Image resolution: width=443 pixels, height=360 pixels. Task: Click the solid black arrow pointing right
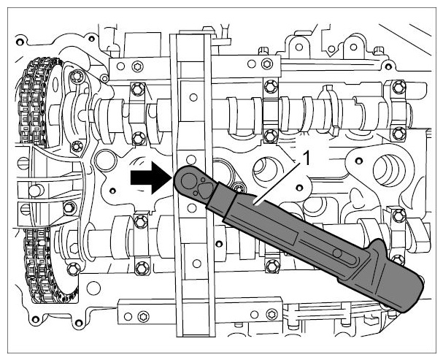pyautogui.click(x=151, y=178)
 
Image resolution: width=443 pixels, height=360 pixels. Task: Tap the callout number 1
pyautogui.click(x=306, y=158)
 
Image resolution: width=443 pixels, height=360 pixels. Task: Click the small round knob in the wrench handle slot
pyautogui.click(x=336, y=253)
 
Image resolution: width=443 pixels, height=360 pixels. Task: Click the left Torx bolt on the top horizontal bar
pyautogui.click(x=138, y=66)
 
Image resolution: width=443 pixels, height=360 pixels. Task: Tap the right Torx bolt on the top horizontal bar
pyautogui.click(x=267, y=63)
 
